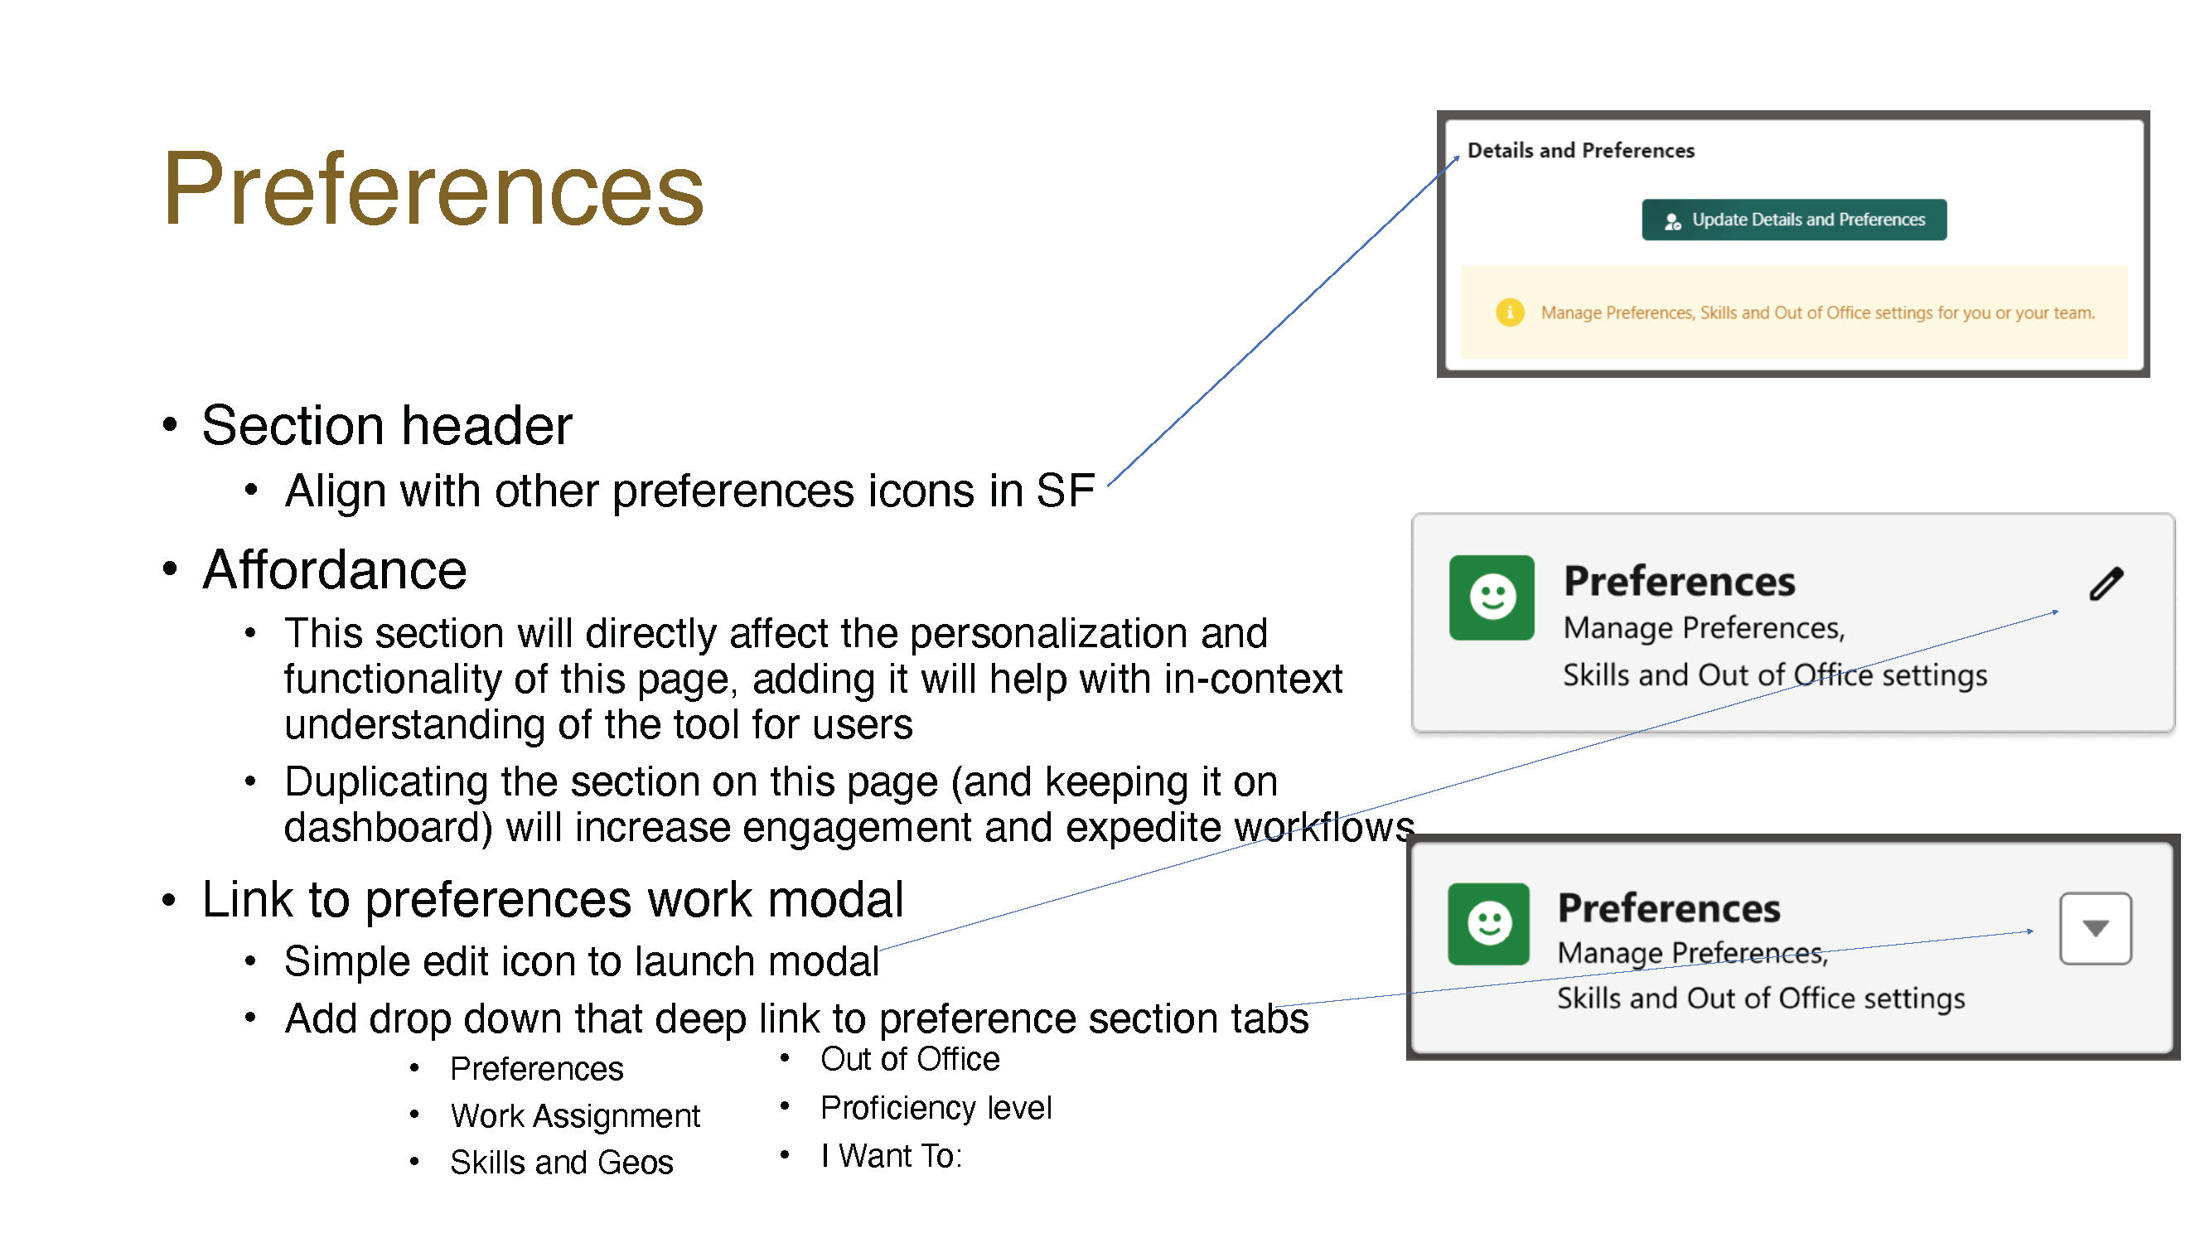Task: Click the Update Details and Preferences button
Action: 1794,220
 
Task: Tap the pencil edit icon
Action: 2106,584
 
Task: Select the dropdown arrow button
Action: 2095,928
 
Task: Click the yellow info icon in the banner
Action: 1510,312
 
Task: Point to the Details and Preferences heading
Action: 1581,151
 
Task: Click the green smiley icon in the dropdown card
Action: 1488,924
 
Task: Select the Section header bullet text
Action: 387,425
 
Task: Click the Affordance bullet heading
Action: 335,569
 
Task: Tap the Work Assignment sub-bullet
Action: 575,1116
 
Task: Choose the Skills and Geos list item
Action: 562,1163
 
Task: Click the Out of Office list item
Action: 909,1059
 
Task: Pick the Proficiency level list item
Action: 936,1107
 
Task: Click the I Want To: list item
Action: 892,1156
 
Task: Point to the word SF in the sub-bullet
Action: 1066,491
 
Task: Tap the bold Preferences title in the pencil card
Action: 1679,582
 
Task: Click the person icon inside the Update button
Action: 1672,221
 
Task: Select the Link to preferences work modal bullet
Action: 554,900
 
